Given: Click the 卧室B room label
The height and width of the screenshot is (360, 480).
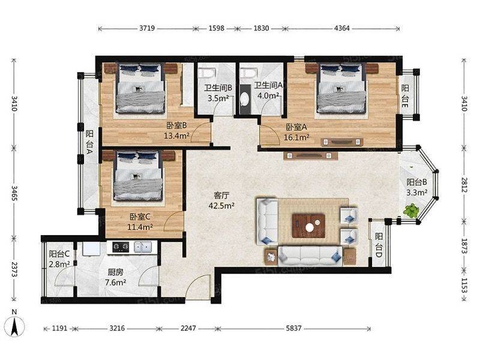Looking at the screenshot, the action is point(176,125).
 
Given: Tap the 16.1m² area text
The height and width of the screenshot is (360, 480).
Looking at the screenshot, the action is point(296,137).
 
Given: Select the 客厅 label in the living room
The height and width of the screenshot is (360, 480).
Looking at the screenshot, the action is point(221,195).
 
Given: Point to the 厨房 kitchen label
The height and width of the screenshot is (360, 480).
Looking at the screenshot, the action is point(115,272).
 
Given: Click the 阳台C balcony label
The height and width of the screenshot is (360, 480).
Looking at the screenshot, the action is point(59,254).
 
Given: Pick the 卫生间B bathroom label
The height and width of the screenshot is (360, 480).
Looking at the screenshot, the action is point(218,88).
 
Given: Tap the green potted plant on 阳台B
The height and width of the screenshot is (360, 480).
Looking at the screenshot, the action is point(411,211).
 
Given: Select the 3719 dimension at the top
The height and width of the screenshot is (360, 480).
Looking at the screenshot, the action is point(147,28).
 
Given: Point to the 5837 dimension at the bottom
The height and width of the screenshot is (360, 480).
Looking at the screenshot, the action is point(293,328).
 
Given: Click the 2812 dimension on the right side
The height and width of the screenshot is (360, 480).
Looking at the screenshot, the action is point(464,185).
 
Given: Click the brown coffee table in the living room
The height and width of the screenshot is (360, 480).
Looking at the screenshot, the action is point(308,226).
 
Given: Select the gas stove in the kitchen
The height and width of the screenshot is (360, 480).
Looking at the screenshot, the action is point(121,247).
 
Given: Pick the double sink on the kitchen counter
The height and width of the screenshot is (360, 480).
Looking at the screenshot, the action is point(143,247).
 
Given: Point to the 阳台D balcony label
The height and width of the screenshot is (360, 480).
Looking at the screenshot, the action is point(379,245).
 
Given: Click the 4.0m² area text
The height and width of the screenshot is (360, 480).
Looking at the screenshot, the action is point(268,95).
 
